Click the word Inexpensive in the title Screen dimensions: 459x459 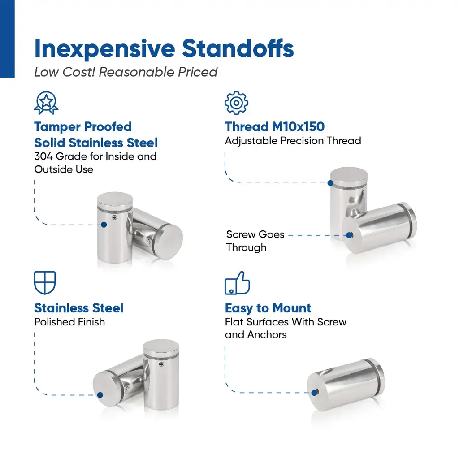click(x=104, y=49)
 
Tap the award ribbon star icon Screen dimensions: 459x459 click(x=46, y=103)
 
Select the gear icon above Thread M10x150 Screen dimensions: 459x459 click(x=237, y=103)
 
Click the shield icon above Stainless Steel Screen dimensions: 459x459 click(x=45, y=283)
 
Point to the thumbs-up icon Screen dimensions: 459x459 click(x=237, y=283)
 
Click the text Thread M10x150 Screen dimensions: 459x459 click(x=275, y=127)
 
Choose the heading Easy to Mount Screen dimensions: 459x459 click(x=268, y=308)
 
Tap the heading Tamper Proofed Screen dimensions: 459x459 click(x=83, y=127)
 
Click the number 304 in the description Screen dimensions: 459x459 click(x=43, y=156)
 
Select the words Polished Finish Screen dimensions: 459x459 click(x=69, y=322)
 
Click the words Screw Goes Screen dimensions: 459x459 click(x=255, y=234)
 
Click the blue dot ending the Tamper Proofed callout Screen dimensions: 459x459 click(x=104, y=225)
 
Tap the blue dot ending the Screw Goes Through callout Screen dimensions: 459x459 click(x=349, y=235)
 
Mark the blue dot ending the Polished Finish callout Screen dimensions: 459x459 click(x=100, y=395)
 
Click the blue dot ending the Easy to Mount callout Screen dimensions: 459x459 click(x=315, y=393)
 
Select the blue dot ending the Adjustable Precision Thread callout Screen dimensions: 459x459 click(x=330, y=183)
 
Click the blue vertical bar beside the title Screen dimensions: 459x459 click(x=7, y=39)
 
